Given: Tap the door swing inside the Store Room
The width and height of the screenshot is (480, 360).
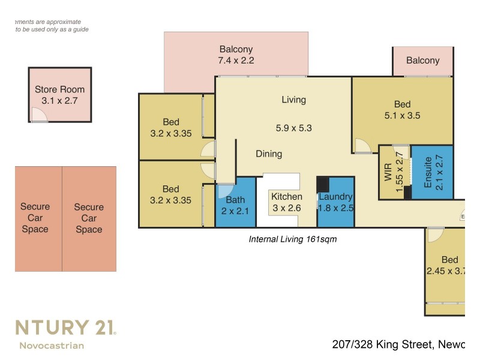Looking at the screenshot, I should point(38,115).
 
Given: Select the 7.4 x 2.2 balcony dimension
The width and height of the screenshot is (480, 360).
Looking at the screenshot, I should point(236,61).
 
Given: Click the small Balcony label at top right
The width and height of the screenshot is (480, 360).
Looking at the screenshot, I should point(422,60).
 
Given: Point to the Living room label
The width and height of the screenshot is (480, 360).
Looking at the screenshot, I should point(293,100).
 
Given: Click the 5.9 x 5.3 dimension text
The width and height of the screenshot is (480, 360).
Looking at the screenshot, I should point(293,128).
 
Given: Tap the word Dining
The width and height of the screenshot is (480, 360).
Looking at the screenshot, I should point(269,154).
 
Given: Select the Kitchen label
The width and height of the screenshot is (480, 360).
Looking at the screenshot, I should point(287,197).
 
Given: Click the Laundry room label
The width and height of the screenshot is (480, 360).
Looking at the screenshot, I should point(335,197).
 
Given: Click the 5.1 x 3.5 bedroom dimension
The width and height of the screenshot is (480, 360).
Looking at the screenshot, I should point(402,116).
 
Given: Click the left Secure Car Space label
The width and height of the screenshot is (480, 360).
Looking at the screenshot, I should point(35,218).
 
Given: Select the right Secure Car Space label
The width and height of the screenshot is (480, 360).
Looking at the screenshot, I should point(89,218).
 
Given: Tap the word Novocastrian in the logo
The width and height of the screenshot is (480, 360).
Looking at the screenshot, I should point(52,345).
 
